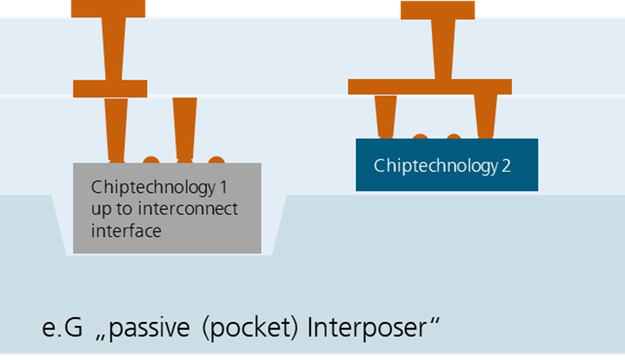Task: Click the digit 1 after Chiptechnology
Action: pos(222,187)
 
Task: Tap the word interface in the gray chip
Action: pos(125,230)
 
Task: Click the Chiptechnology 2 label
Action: pos(442,166)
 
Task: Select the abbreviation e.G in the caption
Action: pos(62,328)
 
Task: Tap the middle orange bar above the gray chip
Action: pos(110,88)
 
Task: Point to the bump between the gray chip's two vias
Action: pos(151,160)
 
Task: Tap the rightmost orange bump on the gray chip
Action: pos(217,160)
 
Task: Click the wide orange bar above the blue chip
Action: pos(429,87)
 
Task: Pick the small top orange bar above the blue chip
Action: pos(437,10)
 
